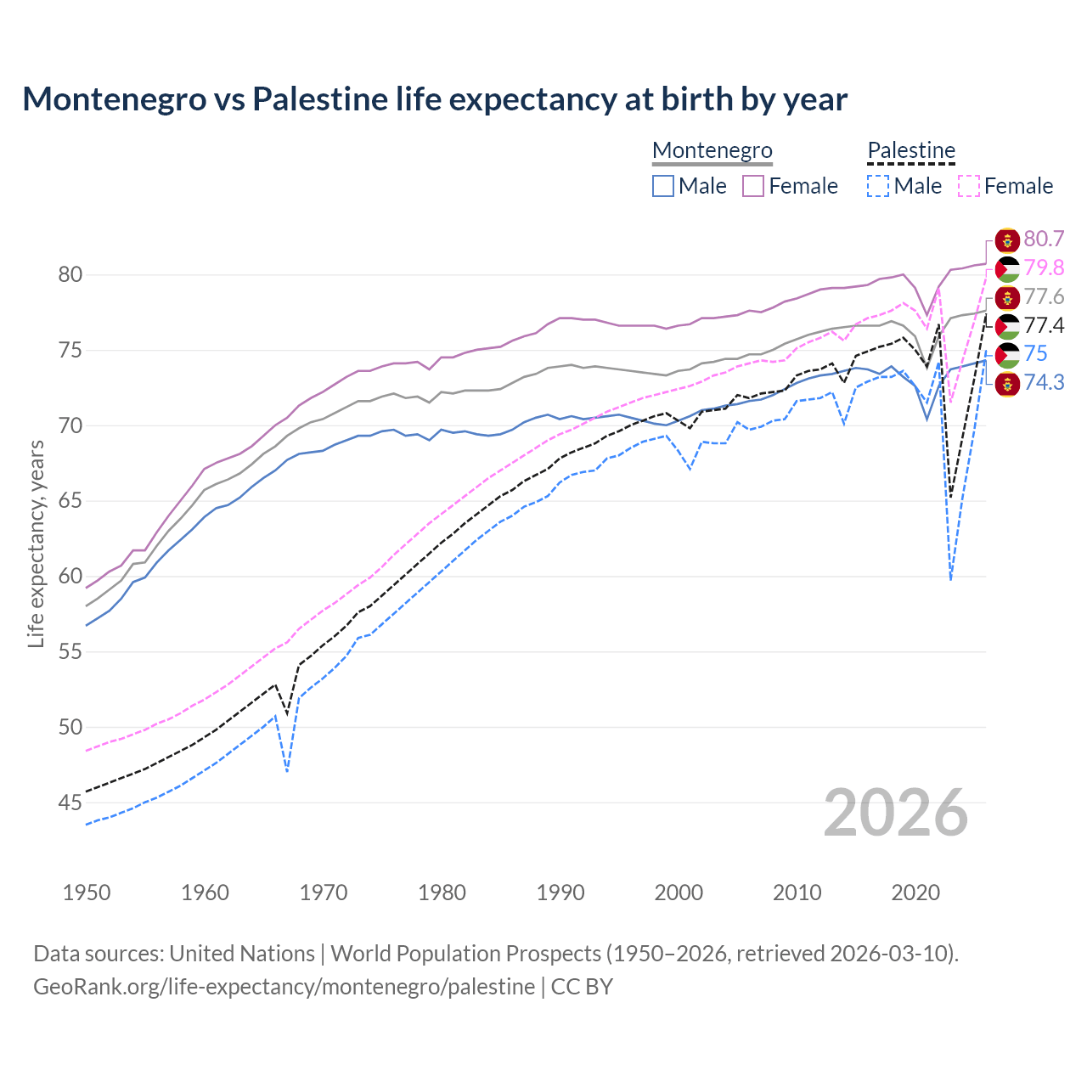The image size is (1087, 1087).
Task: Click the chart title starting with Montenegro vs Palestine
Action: pos(435,99)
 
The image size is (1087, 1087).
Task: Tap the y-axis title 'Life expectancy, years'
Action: pos(36,544)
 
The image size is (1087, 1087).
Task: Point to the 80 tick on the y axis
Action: pos(70,274)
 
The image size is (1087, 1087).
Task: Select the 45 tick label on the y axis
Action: pos(70,803)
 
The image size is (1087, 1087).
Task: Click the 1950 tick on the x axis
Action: pos(87,893)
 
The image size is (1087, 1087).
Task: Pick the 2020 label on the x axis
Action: pos(915,893)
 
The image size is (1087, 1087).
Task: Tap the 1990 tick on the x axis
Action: pos(560,893)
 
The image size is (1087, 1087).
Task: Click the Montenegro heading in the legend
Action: pos(712,150)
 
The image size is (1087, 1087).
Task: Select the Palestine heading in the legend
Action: pos(911,150)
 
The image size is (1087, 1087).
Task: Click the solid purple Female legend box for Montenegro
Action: pos(753,186)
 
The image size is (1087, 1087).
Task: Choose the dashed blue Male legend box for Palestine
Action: pos(878,186)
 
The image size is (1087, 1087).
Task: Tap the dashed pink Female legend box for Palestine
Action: pos(968,186)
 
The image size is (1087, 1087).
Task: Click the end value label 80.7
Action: pos(1044,239)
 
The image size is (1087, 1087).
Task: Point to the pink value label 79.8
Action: pos(1044,268)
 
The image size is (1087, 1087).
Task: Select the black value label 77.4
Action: pos(1044,326)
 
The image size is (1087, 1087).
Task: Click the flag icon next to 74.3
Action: pos(1007,383)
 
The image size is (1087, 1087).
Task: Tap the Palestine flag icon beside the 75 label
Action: pos(1007,354)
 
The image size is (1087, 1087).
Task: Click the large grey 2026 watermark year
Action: pos(896,813)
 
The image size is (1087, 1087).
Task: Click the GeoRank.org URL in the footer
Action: pos(284,987)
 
